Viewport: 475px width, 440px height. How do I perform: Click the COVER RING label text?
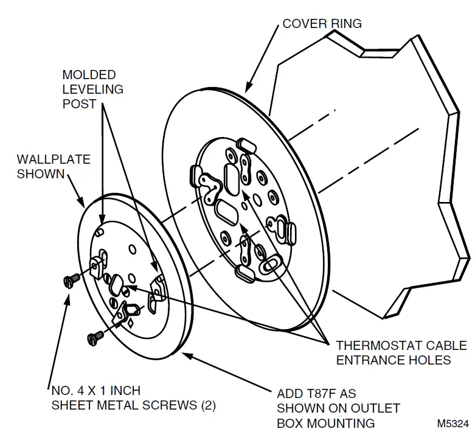point(322,24)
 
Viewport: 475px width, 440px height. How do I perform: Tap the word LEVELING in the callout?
point(93,89)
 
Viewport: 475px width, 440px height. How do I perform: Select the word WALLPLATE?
point(54,159)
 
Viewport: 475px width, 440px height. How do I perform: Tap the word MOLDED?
point(89,74)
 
